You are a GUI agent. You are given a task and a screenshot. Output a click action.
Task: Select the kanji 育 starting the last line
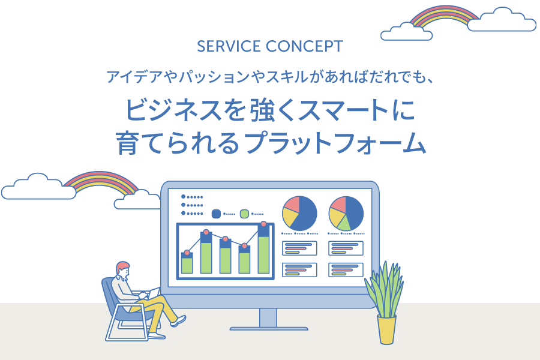pyautogui.click(x=128, y=144)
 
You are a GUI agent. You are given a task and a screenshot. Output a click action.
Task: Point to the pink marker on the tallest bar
pyautogui.click(x=263, y=225)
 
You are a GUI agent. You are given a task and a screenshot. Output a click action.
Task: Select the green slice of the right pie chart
pyautogui.click(x=344, y=223)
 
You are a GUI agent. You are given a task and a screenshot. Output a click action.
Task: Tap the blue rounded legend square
pyautogui.click(x=217, y=213)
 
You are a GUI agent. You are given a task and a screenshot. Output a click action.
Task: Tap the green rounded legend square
pyautogui.click(x=244, y=213)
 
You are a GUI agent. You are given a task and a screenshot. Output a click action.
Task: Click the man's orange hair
pyautogui.click(x=123, y=266)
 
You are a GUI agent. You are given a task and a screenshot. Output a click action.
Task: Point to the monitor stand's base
pyautogui.click(x=268, y=328)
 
